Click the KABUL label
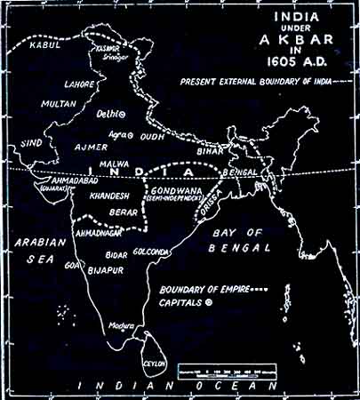(43, 43)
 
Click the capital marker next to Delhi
(122, 115)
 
